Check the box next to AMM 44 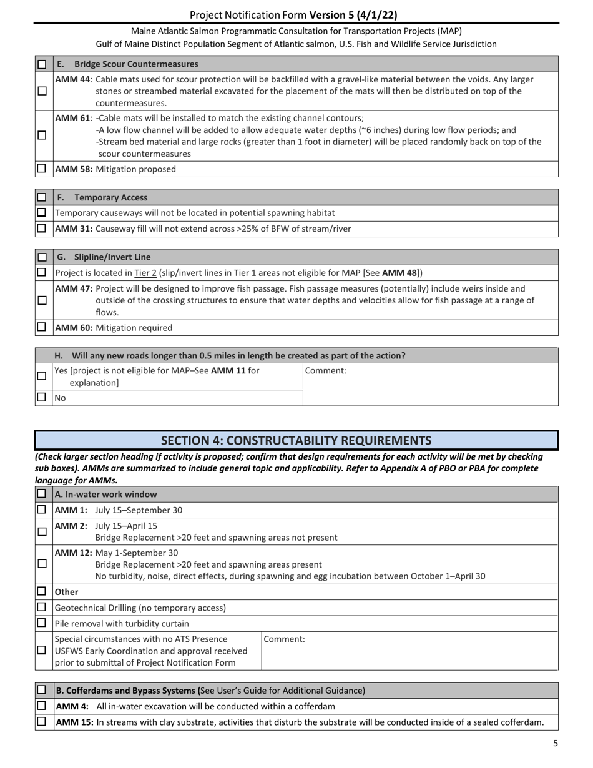pyautogui.click(x=42, y=91)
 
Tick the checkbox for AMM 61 pyautogui.click(x=42, y=135)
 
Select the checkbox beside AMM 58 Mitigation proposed pyautogui.click(x=42, y=169)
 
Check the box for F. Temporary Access pyautogui.click(x=42, y=197)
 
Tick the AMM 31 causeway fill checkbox pyautogui.click(x=42, y=229)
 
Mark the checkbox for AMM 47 pyautogui.click(x=42, y=300)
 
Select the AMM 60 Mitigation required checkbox pyautogui.click(x=42, y=327)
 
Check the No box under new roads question pyautogui.click(x=42, y=398)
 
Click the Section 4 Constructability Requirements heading pyautogui.click(x=296, y=440)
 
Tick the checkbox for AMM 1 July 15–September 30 pyautogui.click(x=42, y=510)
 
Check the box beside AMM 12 pyautogui.click(x=42, y=564)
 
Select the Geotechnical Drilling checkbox pyautogui.click(x=42, y=608)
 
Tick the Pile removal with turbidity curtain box pyautogui.click(x=42, y=623)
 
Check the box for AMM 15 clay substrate pyautogui.click(x=42, y=722)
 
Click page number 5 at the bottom pyautogui.click(x=555, y=743)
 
